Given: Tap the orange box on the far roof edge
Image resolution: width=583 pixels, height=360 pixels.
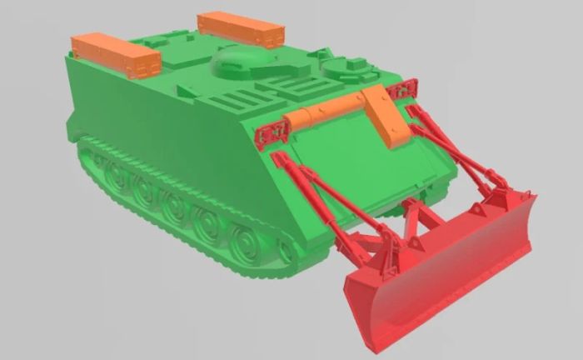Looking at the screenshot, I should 241,30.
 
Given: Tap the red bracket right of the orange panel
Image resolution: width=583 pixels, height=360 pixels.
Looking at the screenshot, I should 405,91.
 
